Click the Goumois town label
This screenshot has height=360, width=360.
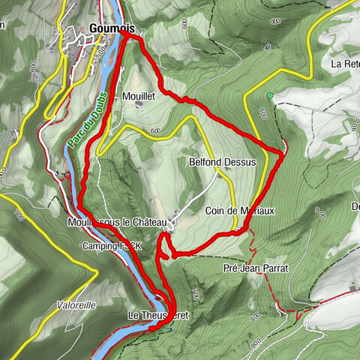111,28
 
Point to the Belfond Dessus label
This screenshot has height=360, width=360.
229,161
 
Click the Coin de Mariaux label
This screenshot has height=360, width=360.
240,211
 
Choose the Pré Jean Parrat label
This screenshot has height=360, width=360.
256,268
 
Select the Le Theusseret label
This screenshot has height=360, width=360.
158,315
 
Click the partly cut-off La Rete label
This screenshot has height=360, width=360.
346,64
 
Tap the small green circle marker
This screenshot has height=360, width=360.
269,95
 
